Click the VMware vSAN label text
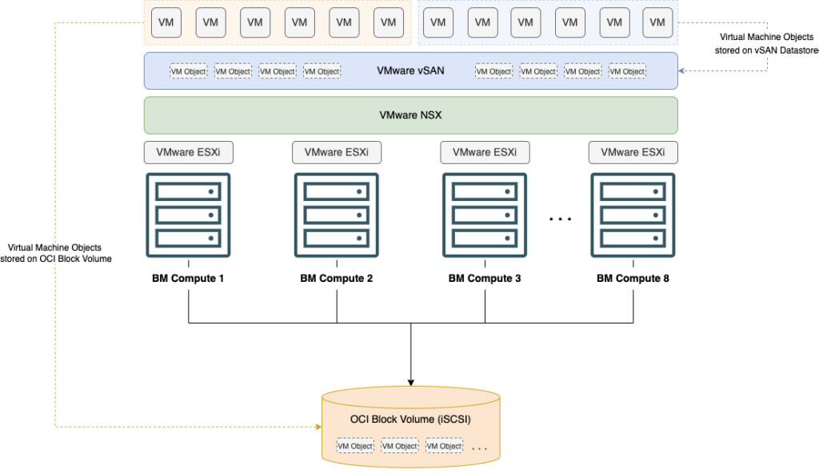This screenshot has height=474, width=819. (x=410, y=70)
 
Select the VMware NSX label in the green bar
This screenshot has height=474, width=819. (x=410, y=115)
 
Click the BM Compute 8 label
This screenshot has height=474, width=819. (x=633, y=279)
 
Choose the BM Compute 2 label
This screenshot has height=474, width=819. (x=336, y=279)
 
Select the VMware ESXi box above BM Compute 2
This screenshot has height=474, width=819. (x=336, y=151)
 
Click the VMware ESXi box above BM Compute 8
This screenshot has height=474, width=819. (x=633, y=151)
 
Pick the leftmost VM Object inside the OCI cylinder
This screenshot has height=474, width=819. (x=355, y=446)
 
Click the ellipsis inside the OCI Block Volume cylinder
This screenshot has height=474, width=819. (x=479, y=448)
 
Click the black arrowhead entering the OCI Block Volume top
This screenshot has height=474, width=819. (x=410, y=380)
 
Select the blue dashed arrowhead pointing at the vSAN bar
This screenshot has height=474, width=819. (x=682, y=70)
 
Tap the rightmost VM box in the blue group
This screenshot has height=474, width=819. (x=657, y=22)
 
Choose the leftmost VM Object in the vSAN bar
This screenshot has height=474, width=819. (x=188, y=71)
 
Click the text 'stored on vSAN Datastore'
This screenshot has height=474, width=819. (x=766, y=50)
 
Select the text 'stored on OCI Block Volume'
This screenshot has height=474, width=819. (x=55, y=259)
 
